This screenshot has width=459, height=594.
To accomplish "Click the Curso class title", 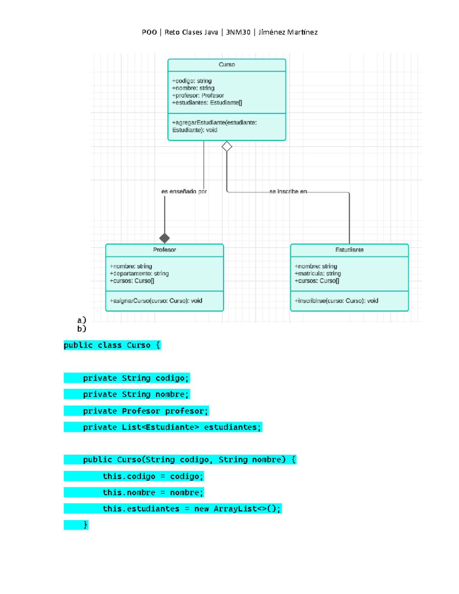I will coord(227,65).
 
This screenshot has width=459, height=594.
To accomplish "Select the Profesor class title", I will coord(164,250).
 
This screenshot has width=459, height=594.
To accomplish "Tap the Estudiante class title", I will coord(349,250).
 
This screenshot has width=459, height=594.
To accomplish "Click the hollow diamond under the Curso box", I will coord(227,146).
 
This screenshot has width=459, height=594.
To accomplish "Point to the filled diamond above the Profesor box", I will coord(164,238).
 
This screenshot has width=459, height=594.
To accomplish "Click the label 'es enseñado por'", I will coord(184,191).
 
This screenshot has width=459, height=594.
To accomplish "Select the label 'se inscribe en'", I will coord(288,191).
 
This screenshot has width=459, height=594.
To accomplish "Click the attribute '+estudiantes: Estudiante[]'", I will coord(207,103).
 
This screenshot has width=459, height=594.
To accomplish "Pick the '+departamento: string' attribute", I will coord(139,273).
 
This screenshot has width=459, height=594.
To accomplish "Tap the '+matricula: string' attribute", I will coord(317,273).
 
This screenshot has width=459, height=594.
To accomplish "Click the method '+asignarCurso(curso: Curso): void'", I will coord(156,301).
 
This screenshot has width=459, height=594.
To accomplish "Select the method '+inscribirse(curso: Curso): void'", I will coord(336,301).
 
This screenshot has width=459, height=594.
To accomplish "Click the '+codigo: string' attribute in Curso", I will coord(192,81).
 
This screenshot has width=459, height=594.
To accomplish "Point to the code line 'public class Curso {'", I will coord(112,345).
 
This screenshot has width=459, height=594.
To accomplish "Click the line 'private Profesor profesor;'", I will coord(145,411).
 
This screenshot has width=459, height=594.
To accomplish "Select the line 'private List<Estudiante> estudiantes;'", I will coord(172,427).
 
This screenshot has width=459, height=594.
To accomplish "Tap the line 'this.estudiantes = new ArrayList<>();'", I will coord(191,509).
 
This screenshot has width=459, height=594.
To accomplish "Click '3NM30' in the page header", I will coord(238,32).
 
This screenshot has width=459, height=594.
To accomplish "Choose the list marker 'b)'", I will coord(81,329).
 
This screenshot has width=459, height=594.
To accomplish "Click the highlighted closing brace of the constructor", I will coord(85,525).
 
